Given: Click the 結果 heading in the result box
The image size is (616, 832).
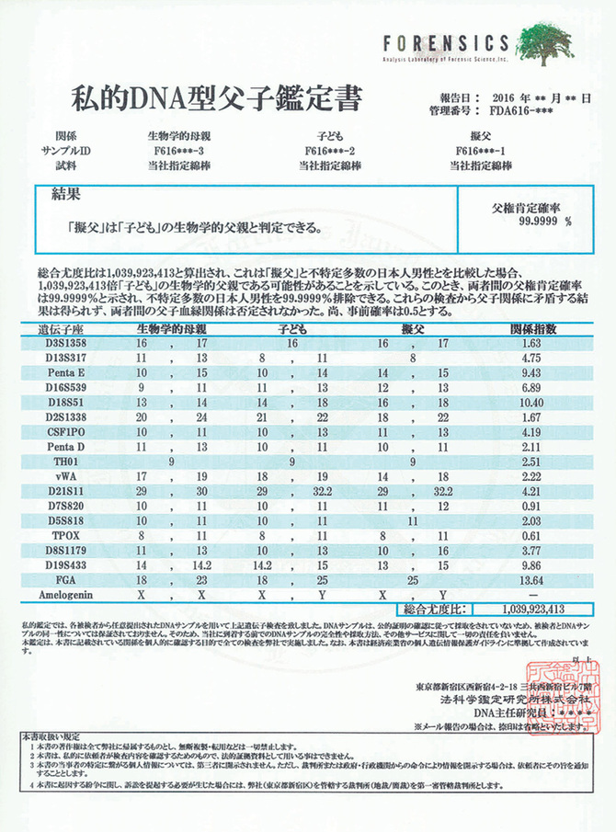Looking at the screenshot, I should click(62, 194).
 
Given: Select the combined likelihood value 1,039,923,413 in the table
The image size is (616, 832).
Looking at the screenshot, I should click(534, 610).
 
